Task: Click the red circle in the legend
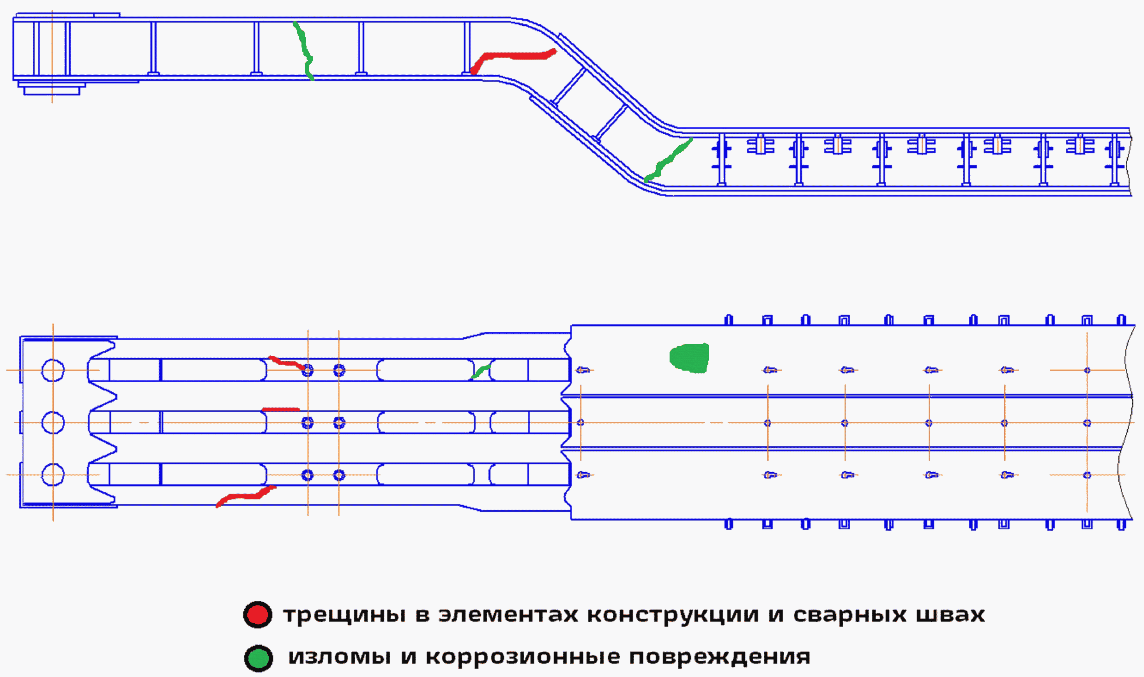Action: tap(258, 615)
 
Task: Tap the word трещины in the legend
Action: tap(344, 615)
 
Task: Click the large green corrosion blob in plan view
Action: tap(689, 358)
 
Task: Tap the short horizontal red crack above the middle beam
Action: tap(280, 409)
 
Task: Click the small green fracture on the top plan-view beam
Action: tap(481, 371)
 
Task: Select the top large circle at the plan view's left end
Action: tap(53, 370)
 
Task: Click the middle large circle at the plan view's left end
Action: tap(53, 423)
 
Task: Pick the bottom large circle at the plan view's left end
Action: tap(53, 475)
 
